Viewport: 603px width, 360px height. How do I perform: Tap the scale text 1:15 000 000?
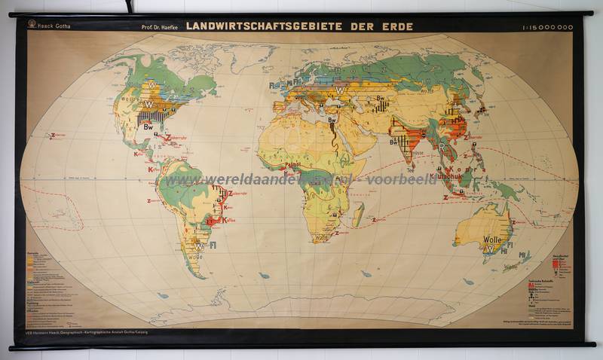547,27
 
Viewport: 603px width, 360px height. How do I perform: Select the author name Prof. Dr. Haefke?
161,27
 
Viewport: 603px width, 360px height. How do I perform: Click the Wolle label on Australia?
492,239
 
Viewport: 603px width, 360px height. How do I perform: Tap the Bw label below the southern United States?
150,127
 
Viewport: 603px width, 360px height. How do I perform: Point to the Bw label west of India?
393,141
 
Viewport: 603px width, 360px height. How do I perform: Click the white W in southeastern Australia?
488,249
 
